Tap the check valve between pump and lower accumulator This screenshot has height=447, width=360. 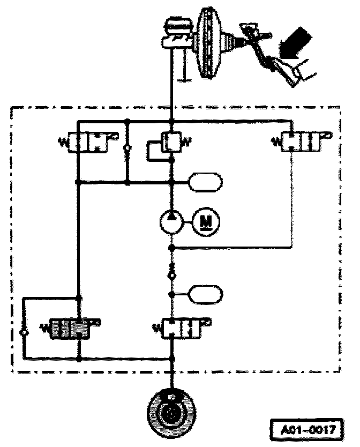pos(171,271)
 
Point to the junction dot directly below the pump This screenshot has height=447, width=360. pos(171,248)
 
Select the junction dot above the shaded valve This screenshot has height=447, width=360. pos(79,298)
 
